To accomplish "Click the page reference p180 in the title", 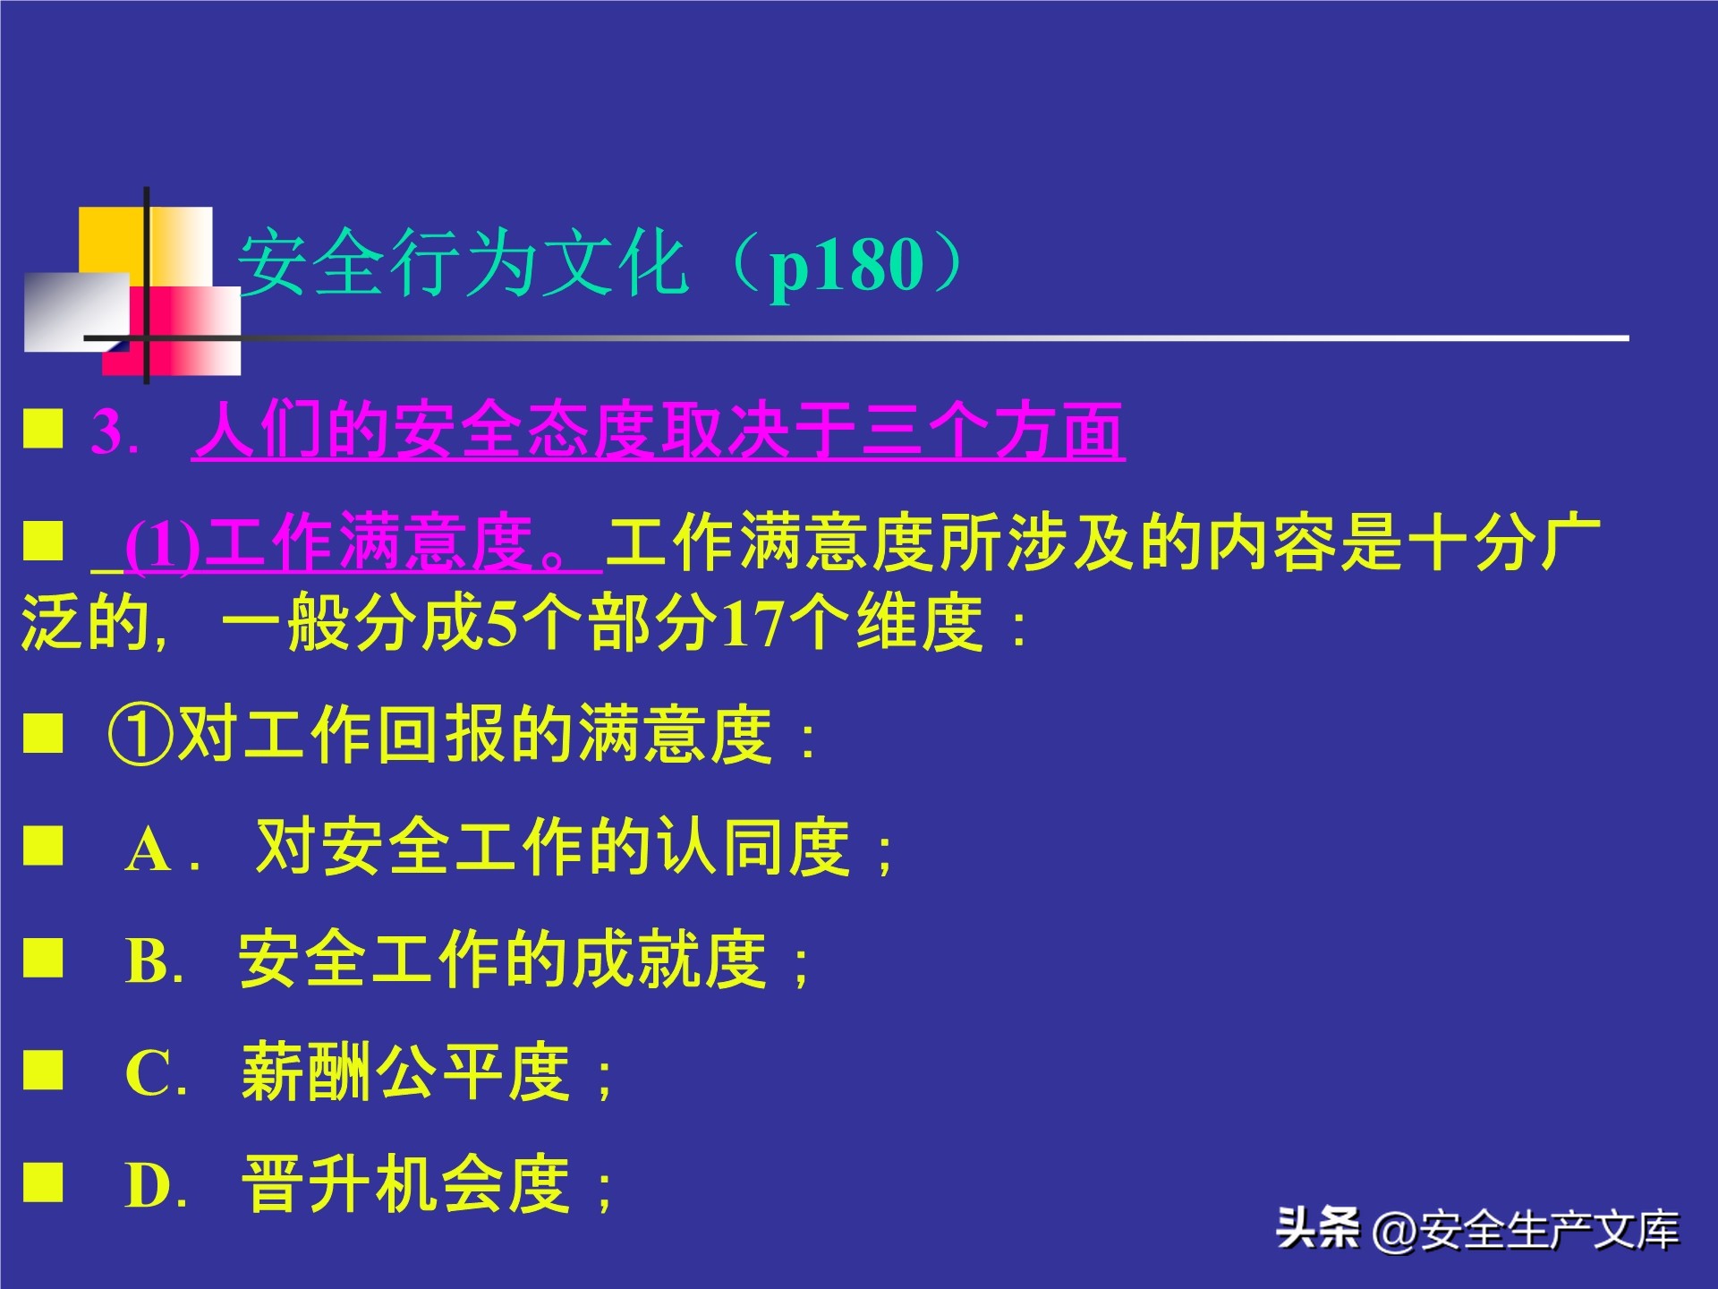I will pyautogui.click(x=846, y=267).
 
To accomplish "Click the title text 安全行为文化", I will pyautogui.click(x=463, y=264).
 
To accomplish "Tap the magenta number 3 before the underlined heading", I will pyautogui.click(x=107, y=433).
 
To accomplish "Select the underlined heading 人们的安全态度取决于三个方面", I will pyautogui.click(x=658, y=431).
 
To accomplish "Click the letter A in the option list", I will pyautogui.click(x=148, y=849).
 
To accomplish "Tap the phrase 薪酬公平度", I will pyautogui.click(x=405, y=1071).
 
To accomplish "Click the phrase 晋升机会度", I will pyautogui.click(x=405, y=1184).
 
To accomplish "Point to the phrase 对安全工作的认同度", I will pyautogui.click(x=552, y=847).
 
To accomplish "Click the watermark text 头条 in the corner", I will pyautogui.click(x=1317, y=1227).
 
